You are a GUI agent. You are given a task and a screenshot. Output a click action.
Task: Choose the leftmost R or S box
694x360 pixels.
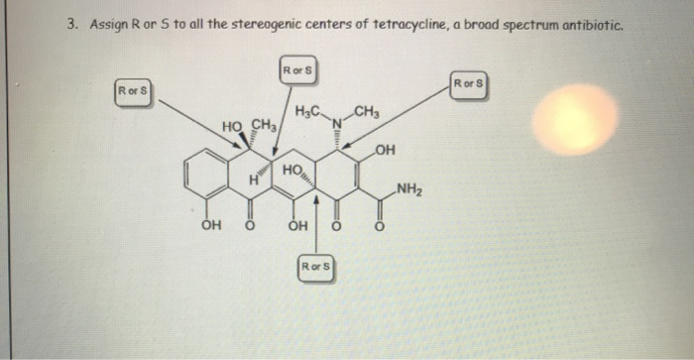(134, 92)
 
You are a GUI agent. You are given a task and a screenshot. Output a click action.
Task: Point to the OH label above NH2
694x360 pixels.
(387, 151)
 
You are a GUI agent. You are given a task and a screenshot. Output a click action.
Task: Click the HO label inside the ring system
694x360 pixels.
(291, 172)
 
